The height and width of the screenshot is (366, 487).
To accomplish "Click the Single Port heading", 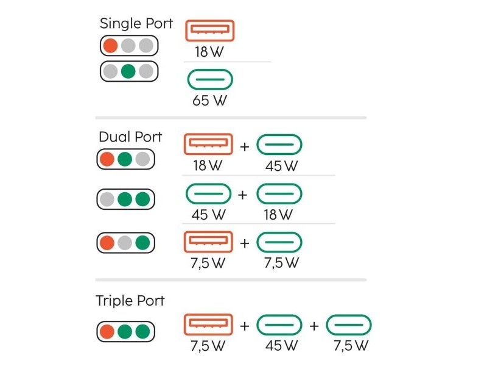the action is coord(136,24).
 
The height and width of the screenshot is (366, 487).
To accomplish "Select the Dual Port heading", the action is coord(130,137).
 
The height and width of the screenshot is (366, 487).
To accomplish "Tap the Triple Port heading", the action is coord(130,301).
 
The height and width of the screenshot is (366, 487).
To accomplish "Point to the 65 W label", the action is coord(209,101).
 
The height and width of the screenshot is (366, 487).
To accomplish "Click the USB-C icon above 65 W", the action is coord(210,80).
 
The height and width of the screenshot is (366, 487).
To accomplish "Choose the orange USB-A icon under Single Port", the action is coord(209,30).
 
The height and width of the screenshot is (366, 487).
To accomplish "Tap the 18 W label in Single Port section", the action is coord(209,52).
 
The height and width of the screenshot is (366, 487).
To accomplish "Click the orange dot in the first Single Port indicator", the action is coord(111,46).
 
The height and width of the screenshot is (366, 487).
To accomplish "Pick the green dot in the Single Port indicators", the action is coord(128,71).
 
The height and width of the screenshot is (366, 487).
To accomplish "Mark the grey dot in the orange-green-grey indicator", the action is coord(143,159).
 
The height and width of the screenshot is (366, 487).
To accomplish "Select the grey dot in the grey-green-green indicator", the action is coord(107,199).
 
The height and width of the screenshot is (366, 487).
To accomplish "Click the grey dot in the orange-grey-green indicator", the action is coord(125,243).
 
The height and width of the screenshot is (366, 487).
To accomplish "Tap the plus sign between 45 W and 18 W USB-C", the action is coord(242,195).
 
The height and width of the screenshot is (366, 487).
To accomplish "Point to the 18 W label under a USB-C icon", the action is coord(278,215).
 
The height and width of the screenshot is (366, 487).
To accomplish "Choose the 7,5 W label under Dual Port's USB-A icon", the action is coord(208,264).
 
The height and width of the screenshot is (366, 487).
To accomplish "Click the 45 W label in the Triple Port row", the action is coord(281,345).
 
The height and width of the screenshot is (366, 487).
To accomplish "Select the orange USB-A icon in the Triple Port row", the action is coord(208,325).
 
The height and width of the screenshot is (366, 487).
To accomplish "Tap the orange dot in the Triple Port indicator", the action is coord(107,331).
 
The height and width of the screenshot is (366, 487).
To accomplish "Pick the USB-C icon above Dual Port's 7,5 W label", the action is coord(279,242).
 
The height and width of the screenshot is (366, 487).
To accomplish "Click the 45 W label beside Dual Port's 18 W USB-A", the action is coord(281,166).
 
